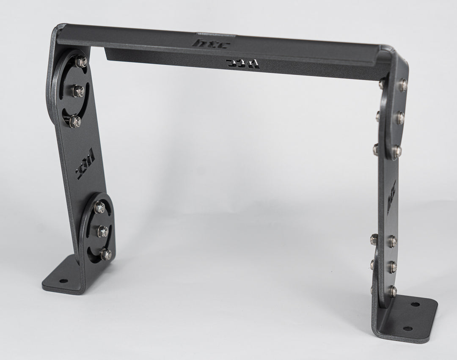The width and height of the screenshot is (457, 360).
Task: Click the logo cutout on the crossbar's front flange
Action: coord(243,64)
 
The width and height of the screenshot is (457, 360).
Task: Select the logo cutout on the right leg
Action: coord(391,192)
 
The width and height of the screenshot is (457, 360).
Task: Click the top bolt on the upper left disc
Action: coord(81,63)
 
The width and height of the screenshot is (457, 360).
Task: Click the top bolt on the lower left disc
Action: coord(100,207)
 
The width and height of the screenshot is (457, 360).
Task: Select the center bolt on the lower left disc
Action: coord(103,231)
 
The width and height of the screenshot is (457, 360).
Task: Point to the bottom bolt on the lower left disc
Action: coord(106,254)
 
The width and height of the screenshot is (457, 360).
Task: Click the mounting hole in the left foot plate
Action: coord(63,281)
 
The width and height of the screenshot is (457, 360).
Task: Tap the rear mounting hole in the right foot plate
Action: coord(415,304)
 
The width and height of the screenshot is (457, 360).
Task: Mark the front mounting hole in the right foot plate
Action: coord(407,329)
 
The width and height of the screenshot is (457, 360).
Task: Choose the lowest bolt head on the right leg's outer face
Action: coord(393,290)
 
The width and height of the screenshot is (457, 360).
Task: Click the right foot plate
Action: coord(406,317)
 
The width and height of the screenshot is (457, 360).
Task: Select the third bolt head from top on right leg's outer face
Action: coord(396,150)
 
